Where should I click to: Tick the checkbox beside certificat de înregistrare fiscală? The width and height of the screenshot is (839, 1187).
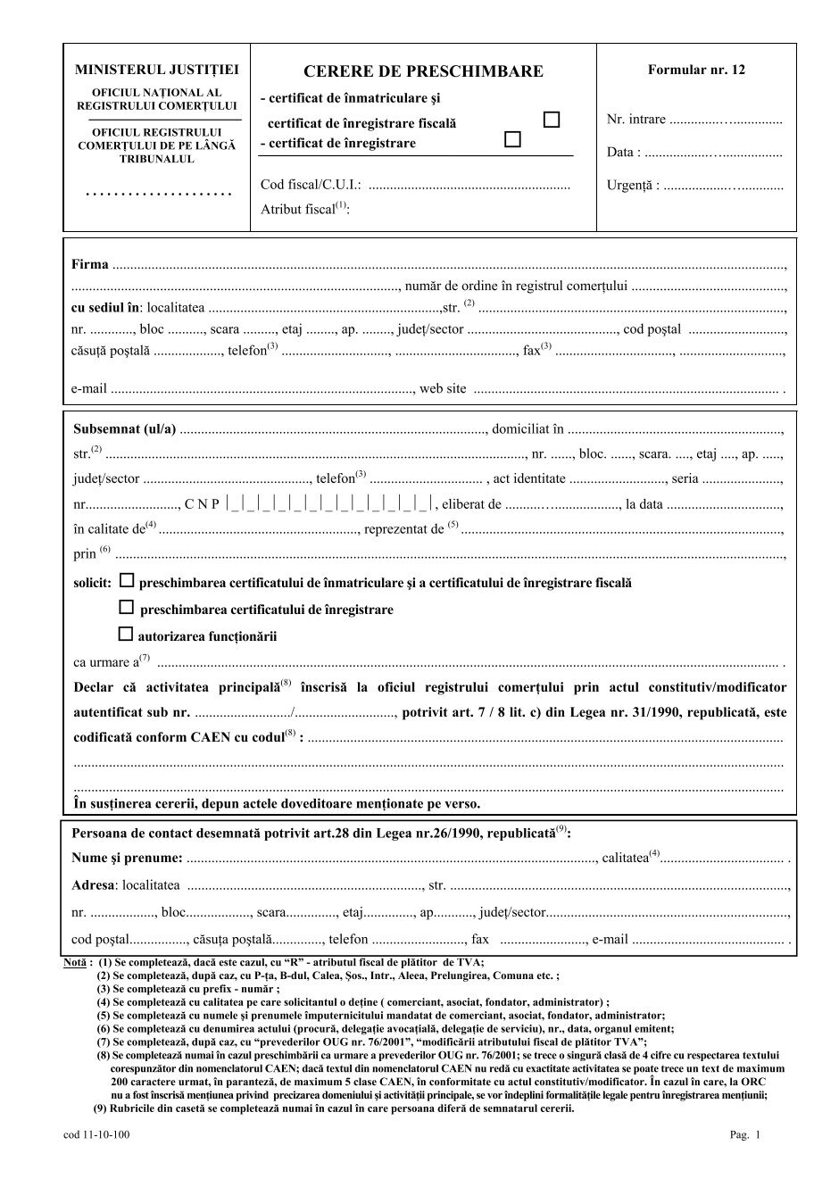click(x=552, y=120)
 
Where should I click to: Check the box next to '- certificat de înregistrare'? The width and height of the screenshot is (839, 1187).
click(x=512, y=139)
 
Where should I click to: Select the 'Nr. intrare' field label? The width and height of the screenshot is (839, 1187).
click(x=635, y=120)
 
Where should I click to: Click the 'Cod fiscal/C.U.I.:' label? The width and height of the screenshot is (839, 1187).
click(x=311, y=186)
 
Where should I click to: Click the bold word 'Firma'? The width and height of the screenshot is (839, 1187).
click(x=90, y=264)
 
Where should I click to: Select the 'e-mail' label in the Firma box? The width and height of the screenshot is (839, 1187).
click(x=89, y=388)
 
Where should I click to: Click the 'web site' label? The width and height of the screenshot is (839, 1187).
click(x=443, y=388)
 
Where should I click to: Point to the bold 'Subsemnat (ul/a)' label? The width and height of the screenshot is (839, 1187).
click(x=125, y=428)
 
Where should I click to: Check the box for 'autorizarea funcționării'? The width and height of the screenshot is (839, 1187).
click(x=126, y=635)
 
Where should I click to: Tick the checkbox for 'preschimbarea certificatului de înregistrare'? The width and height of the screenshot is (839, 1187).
click(x=126, y=608)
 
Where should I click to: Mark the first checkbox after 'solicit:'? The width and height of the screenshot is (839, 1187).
click(x=126, y=581)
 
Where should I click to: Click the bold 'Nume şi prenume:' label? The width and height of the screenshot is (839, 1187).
click(x=128, y=859)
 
